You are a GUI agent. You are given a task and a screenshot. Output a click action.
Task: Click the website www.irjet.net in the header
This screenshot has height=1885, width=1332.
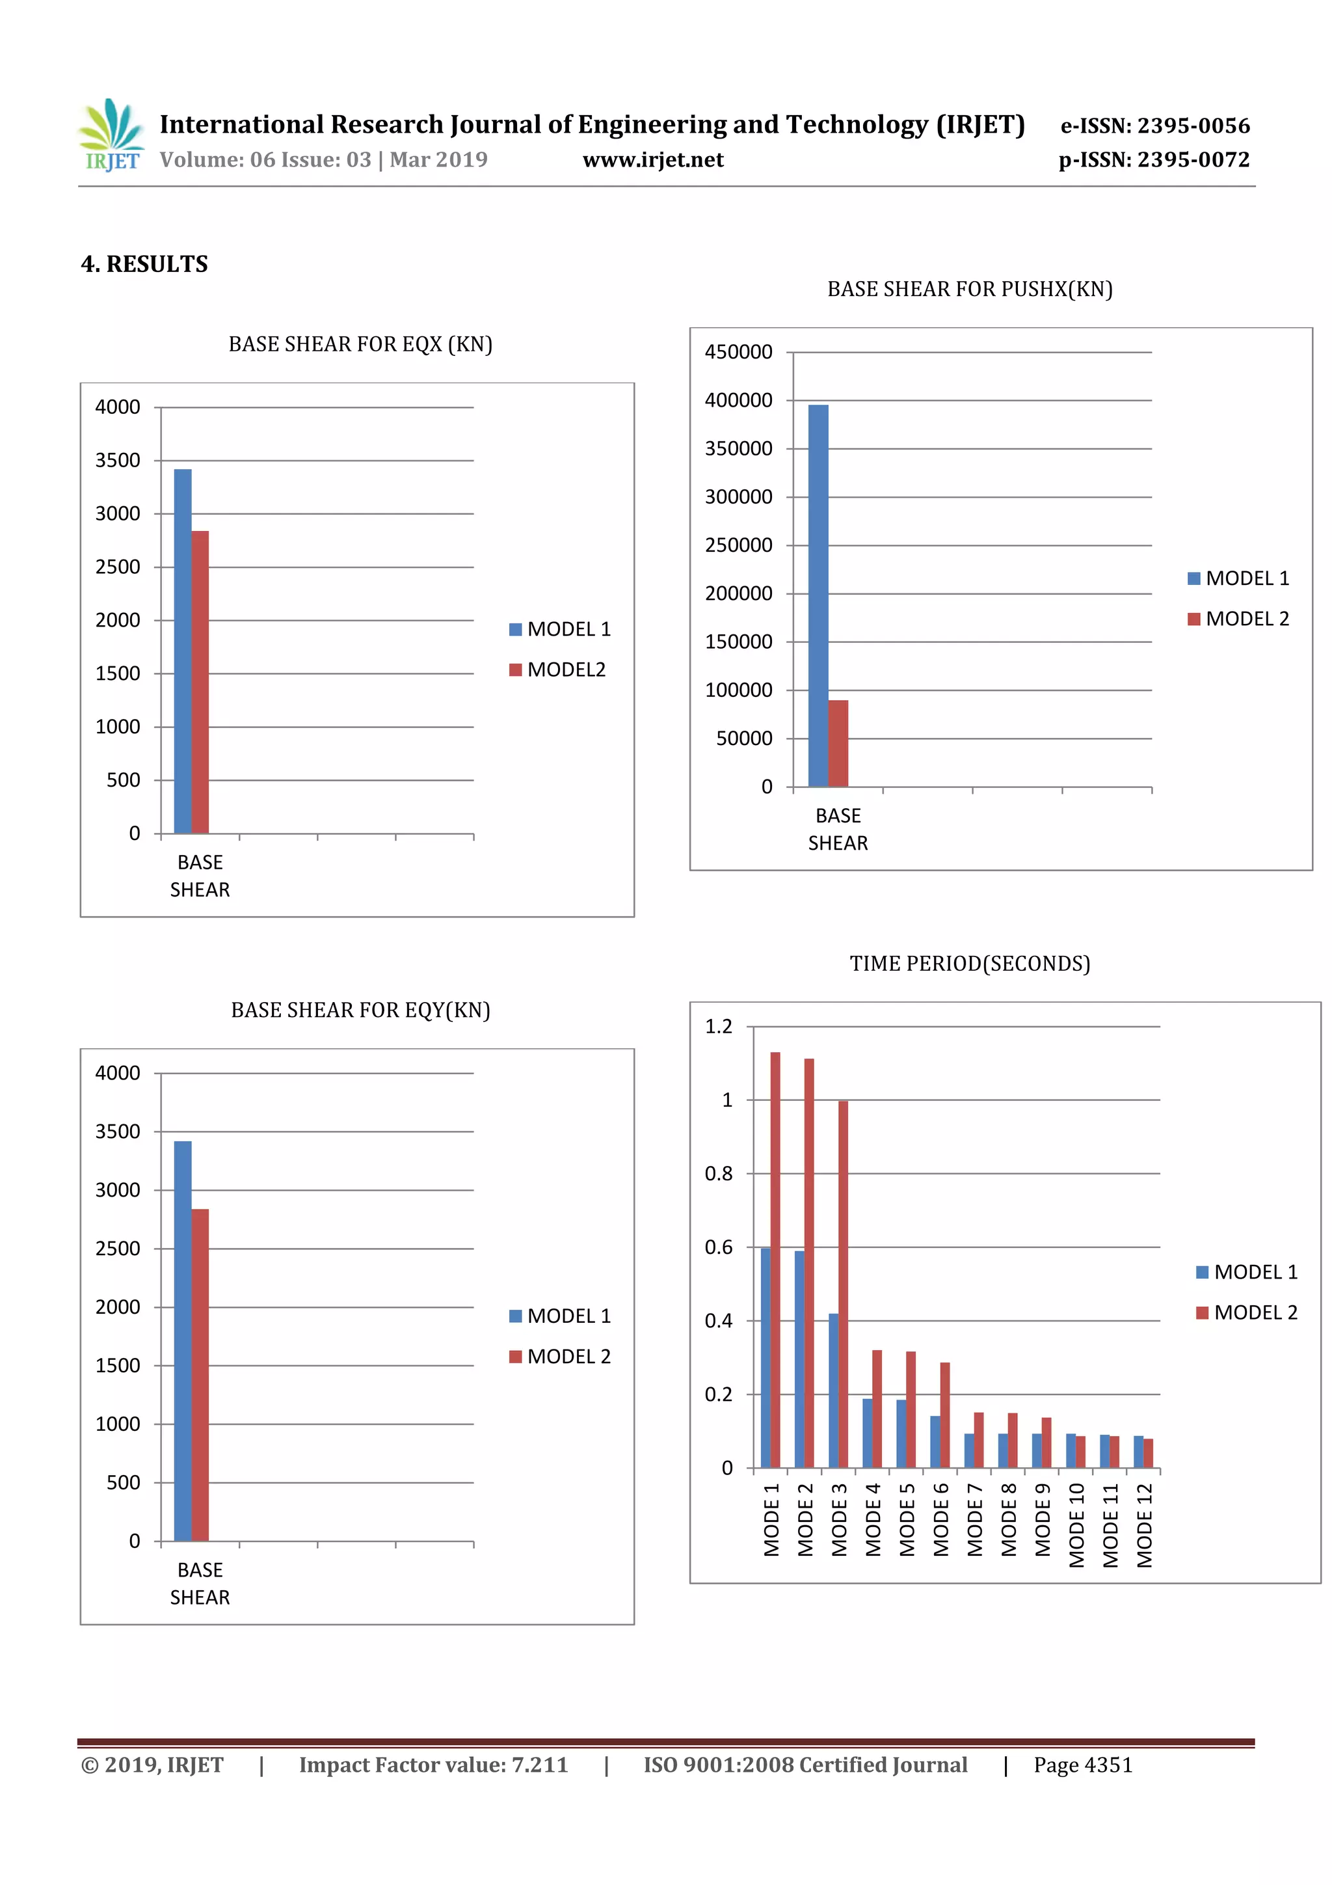click(652, 159)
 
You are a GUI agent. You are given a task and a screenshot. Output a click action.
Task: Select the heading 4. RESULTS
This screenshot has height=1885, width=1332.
click(144, 264)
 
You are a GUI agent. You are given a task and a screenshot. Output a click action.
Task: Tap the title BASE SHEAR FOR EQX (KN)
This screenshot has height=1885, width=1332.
click(360, 344)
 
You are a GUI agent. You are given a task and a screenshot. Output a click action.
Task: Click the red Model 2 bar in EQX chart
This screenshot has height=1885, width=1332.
click(200, 681)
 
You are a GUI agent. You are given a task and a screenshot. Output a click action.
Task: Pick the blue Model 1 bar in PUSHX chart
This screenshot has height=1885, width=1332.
click(818, 595)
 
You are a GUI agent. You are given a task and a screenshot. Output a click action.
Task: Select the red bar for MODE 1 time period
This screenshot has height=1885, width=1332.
click(775, 1260)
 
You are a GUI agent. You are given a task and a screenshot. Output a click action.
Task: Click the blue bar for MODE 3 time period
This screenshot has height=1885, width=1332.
click(834, 1390)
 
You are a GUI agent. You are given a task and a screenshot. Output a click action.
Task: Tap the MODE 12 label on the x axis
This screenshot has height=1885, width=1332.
click(1144, 1525)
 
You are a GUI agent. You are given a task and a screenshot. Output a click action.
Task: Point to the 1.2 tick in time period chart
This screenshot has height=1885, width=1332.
click(718, 1026)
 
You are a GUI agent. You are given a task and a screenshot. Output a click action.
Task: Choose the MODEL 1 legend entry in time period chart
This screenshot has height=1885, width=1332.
click(1247, 1271)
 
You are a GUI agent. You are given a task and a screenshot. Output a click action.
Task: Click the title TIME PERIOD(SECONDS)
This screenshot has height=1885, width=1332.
click(969, 964)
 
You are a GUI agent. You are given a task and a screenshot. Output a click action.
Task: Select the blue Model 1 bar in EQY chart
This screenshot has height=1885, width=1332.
click(183, 1340)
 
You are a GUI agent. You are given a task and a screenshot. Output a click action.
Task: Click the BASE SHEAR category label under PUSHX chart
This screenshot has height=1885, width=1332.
click(838, 829)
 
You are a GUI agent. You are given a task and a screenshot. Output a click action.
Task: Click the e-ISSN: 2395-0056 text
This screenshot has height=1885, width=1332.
click(1154, 126)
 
